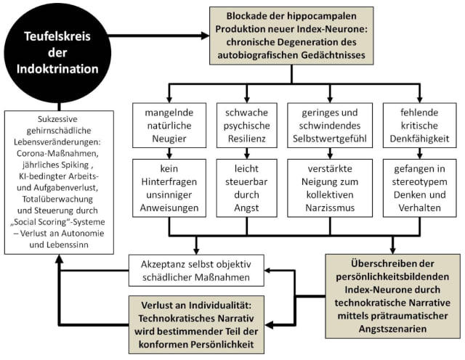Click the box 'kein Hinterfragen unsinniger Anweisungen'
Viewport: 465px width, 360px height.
point(163,186)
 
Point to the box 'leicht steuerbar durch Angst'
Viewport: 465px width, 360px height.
point(243,186)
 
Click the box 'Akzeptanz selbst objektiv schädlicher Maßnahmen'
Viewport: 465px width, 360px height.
point(196,270)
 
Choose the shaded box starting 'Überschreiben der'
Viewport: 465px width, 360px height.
point(392,295)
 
